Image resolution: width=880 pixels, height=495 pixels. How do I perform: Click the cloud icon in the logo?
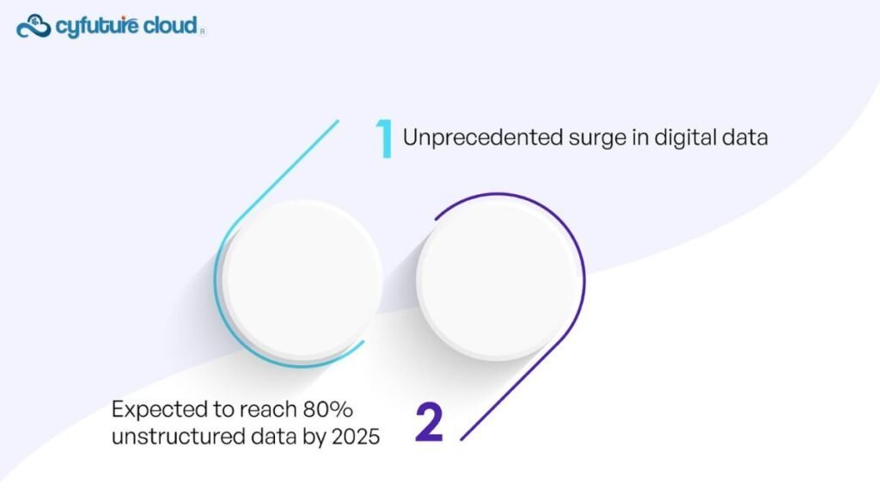click(34, 27)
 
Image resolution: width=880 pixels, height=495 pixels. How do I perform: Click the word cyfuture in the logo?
click(96, 27)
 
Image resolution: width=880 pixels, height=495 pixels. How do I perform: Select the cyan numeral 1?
click(384, 138)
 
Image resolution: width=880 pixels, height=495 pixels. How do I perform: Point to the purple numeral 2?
click(430, 422)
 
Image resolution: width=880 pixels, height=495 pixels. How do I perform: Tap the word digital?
click(685, 138)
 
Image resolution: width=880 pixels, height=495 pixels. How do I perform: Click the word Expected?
click(159, 410)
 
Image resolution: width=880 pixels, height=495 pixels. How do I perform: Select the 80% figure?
click(327, 409)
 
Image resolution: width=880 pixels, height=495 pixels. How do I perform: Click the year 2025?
click(356, 436)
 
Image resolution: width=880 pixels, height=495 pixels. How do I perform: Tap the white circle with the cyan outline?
click(302, 279)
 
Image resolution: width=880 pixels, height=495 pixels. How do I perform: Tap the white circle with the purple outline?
click(498, 279)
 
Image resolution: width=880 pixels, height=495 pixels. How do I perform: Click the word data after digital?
click(745, 137)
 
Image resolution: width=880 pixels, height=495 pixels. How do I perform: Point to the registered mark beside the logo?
click(203, 32)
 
